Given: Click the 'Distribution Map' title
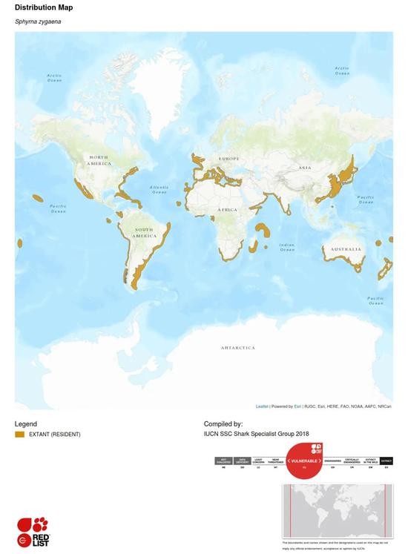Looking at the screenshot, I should pos(44,7).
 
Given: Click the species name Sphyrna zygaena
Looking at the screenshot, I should pos(38,22).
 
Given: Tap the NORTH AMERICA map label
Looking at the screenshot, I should pos(99,160).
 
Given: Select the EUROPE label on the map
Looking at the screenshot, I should pos(228,159).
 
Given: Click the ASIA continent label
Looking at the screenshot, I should pos(305,168).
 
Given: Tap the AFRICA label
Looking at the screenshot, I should pos(228,210).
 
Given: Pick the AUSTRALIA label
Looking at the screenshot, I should pos(346,249).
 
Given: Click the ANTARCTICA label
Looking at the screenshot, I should pos(237,347).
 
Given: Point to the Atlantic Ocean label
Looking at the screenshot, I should pos(159,190).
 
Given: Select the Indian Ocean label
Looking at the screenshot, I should pos(287,247).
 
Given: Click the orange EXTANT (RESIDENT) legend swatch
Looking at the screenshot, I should pos(20,435).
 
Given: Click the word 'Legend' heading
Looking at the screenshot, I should pos(26,424).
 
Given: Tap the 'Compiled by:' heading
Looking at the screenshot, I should pos(223,424).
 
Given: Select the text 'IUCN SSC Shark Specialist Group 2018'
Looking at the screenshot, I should pos(257,434).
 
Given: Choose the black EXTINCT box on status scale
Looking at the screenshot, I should pos(386,461).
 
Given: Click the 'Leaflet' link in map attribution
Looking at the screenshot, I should pos(262,406).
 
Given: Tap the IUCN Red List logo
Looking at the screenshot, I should pos(33,532).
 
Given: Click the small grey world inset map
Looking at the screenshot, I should pos(338,511).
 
